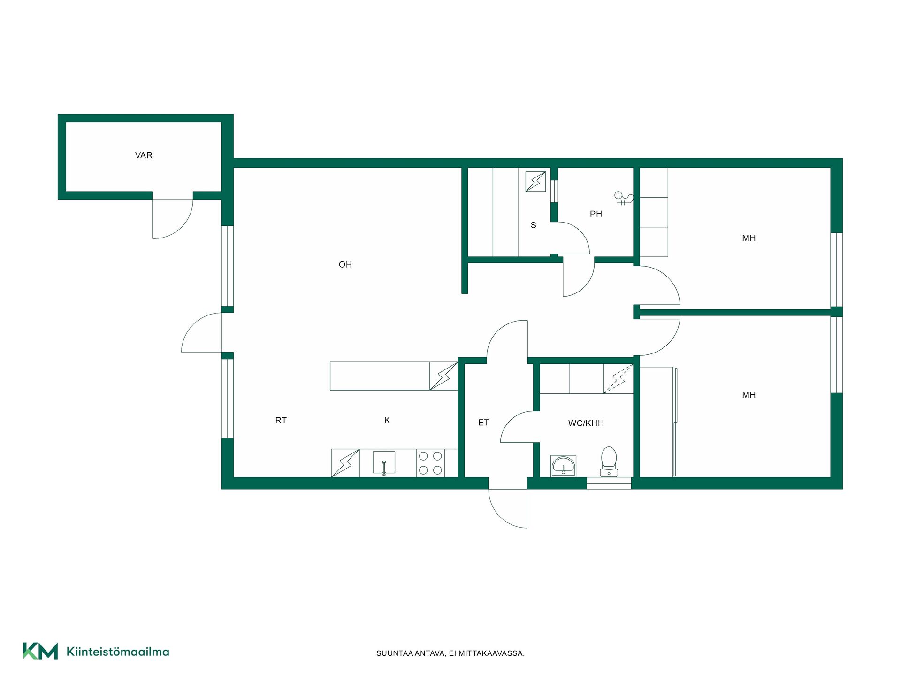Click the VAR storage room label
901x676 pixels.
pyautogui.click(x=144, y=155)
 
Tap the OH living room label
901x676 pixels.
pyautogui.click(x=345, y=265)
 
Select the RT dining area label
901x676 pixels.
pyautogui.click(x=281, y=421)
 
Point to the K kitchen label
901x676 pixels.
pyautogui.click(x=387, y=421)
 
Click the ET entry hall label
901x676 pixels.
pyautogui.click(x=484, y=423)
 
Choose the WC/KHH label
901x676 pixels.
pyautogui.click(x=586, y=423)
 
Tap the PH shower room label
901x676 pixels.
pyautogui.click(x=596, y=214)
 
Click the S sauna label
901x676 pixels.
pyautogui.click(x=534, y=225)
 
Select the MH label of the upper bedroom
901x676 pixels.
pyautogui.click(x=749, y=238)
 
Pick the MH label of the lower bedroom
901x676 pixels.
pyautogui.click(x=749, y=395)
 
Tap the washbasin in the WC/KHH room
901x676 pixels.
pyautogui.click(x=563, y=466)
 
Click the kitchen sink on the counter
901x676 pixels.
pyautogui.click(x=384, y=463)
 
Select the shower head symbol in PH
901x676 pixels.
pyautogui.click(x=624, y=198)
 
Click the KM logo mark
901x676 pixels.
pyautogui.click(x=40, y=651)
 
